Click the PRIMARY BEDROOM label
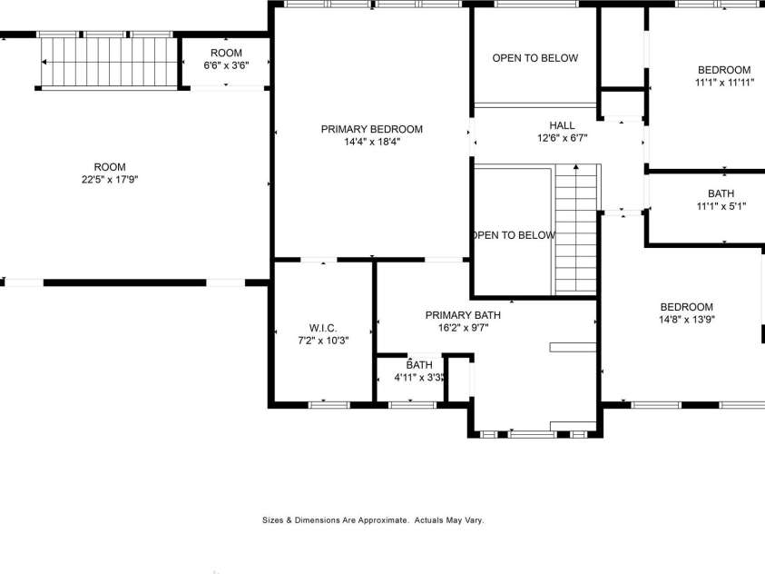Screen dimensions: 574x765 coord(371,129)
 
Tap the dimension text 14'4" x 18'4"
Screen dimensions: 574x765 coord(371,142)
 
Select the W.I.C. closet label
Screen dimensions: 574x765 coord(323,327)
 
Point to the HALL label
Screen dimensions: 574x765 coord(562,125)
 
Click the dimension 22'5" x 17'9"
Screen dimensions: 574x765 coord(110,180)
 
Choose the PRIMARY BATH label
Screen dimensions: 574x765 coord(463,315)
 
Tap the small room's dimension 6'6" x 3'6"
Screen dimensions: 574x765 coord(226,65)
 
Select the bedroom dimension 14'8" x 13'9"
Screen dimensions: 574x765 coord(686,320)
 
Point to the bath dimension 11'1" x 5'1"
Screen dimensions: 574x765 coord(721,206)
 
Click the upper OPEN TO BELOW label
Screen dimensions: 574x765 coord(535,58)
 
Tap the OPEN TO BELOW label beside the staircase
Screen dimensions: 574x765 coord(513,235)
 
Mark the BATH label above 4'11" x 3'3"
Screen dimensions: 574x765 coord(419,365)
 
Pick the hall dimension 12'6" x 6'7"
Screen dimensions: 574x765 coord(562,138)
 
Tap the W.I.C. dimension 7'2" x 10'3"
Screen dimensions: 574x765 coord(323,340)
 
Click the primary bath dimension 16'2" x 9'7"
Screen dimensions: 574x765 coord(463,328)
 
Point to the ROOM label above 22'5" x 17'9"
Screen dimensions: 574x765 coord(110,167)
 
